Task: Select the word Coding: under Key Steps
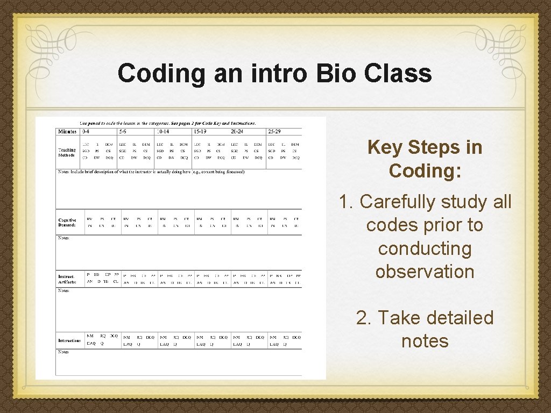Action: click(x=425, y=170)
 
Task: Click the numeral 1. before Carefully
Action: click(x=346, y=202)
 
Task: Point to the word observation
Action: click(x=425, y=271)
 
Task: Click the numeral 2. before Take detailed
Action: click(x=364, y=317)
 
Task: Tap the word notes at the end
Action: click(x=425, y=340)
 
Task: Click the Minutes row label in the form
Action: click(x=67, y=132)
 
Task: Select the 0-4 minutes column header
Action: click(x=86, y=132)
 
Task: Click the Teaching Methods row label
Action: click(x=67, y=153)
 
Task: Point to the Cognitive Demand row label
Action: click(x=67, y=223)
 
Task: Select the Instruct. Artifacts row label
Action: click(x=67, y=279)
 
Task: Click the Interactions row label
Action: click(x=69, y=340)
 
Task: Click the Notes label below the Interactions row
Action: click(x=63, y=352)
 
